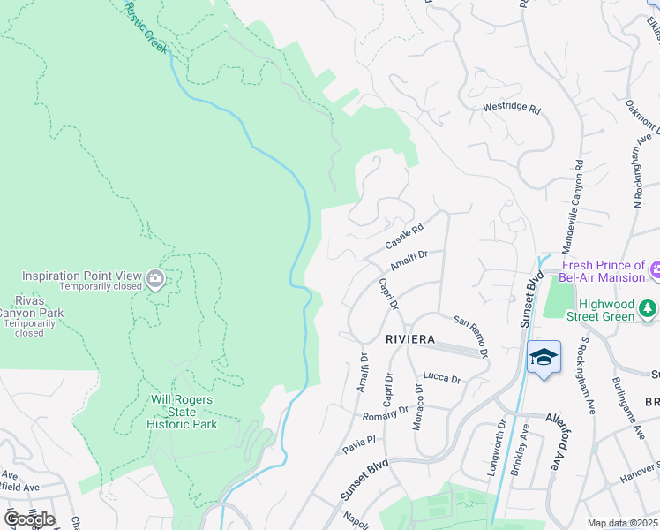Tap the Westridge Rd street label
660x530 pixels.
click(511, 108)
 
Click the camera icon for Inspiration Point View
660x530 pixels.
click(155, 280)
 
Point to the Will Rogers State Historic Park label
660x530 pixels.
click(180, 412)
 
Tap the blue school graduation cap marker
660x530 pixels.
click(544, 357)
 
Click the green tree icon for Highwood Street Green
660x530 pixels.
click(649, 308)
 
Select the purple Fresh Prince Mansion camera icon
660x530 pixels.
click(655, 268)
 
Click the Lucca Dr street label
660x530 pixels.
click(442, 379)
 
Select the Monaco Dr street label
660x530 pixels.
click(417, 407)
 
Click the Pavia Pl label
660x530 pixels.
click(360, 440)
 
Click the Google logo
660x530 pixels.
click(29, 519)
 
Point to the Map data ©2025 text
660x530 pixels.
click(622, 523)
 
